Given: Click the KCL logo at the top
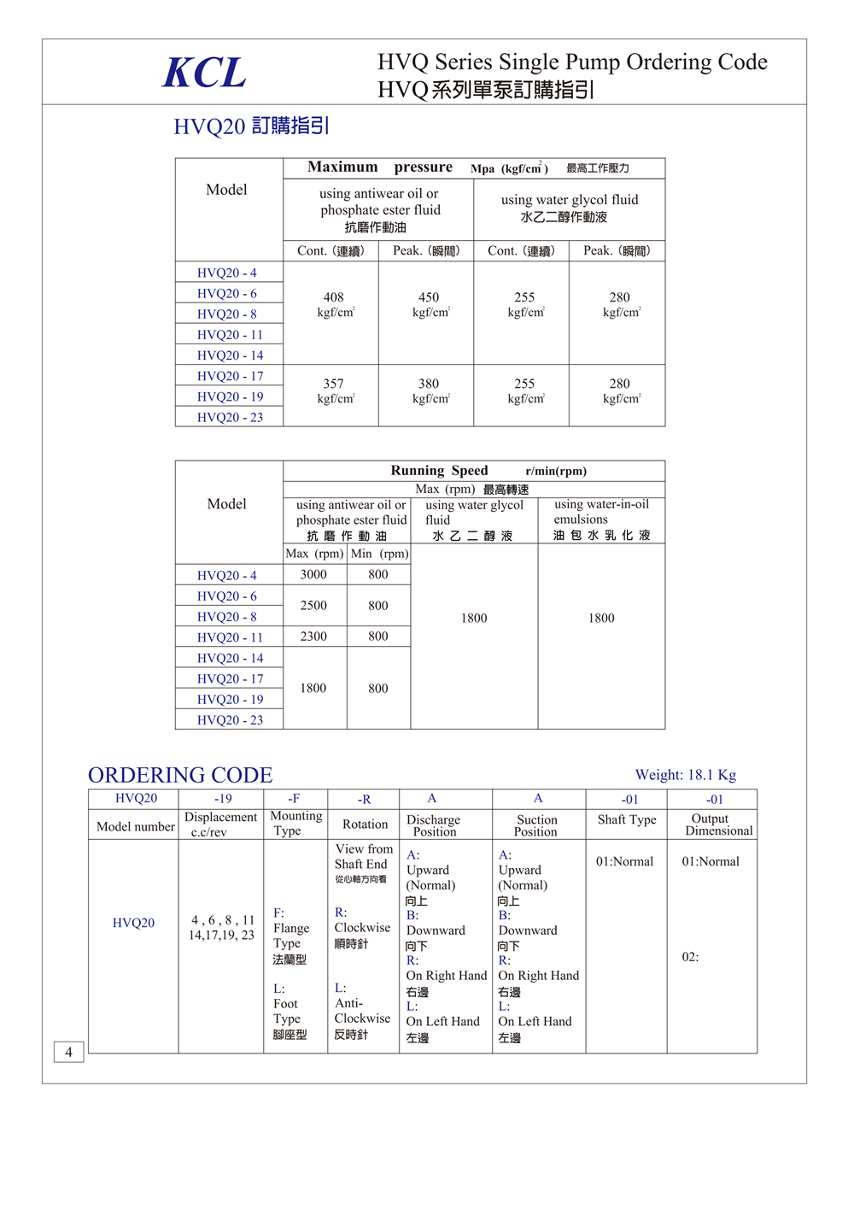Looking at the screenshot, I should pos(204,73).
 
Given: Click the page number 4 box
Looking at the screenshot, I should pos(68,1052).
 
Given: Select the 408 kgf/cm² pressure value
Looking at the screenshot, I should pos(334,304).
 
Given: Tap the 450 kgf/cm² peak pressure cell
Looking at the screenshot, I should pos(430,304).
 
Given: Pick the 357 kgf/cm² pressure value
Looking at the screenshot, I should pos(334,390).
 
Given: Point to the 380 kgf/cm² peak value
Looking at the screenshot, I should pos(430,390).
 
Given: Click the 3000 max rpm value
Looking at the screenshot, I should pos(313,574).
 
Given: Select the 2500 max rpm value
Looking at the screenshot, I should pos(313,605).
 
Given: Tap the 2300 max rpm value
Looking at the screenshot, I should pos(313,636).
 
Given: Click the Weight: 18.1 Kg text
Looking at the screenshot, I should pos(685,775).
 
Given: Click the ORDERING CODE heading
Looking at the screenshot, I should pos(180,775).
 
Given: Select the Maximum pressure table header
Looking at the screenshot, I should pos(380,167).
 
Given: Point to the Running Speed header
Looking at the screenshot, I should pos(440,471).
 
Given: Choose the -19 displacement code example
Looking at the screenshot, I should pos(223,799).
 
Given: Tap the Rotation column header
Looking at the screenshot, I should pos(365,825).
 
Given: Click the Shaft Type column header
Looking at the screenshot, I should pos(627,820).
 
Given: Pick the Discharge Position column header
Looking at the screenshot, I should pos(433,825).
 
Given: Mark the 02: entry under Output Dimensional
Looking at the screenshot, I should pos(690,957).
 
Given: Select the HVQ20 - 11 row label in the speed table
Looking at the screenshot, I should pos(230,637).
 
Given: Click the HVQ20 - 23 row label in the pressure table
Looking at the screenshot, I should pos(230,417).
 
